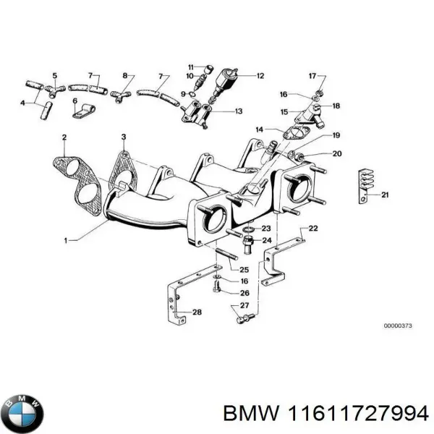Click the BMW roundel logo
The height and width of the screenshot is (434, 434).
tap(23, 413)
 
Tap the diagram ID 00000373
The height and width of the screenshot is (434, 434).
tap(398, 325)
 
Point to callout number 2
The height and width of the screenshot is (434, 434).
tap(64, 137)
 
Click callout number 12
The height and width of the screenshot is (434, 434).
tap(260, 75)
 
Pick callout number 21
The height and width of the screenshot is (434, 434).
tap(386, 195)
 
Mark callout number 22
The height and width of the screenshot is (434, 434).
tap(312, 229)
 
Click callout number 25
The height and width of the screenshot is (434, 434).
tap(244, 270)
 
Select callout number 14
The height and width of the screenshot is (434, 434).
tap(259, 129)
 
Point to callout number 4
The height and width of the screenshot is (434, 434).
tap(24, 103)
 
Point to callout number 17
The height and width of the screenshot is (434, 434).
tap(312, 76)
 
